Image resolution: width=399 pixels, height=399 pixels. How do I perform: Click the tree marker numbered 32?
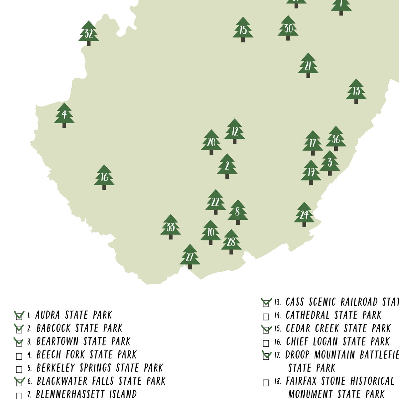88,33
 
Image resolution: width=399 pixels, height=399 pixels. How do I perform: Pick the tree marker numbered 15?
243,30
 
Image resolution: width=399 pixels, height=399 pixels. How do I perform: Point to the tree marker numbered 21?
308,66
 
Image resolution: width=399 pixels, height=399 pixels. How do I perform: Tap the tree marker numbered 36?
336,139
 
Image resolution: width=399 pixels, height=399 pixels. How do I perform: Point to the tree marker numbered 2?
227,166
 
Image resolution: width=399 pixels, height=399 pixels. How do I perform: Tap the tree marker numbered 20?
211,142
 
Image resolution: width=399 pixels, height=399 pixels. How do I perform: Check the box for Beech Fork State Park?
19,356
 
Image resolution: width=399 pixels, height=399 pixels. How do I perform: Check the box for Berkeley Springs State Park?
19,369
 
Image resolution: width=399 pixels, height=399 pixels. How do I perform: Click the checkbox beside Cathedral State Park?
266,317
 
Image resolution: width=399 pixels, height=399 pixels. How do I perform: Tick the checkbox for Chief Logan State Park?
266,343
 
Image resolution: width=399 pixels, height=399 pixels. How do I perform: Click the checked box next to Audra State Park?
19,316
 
